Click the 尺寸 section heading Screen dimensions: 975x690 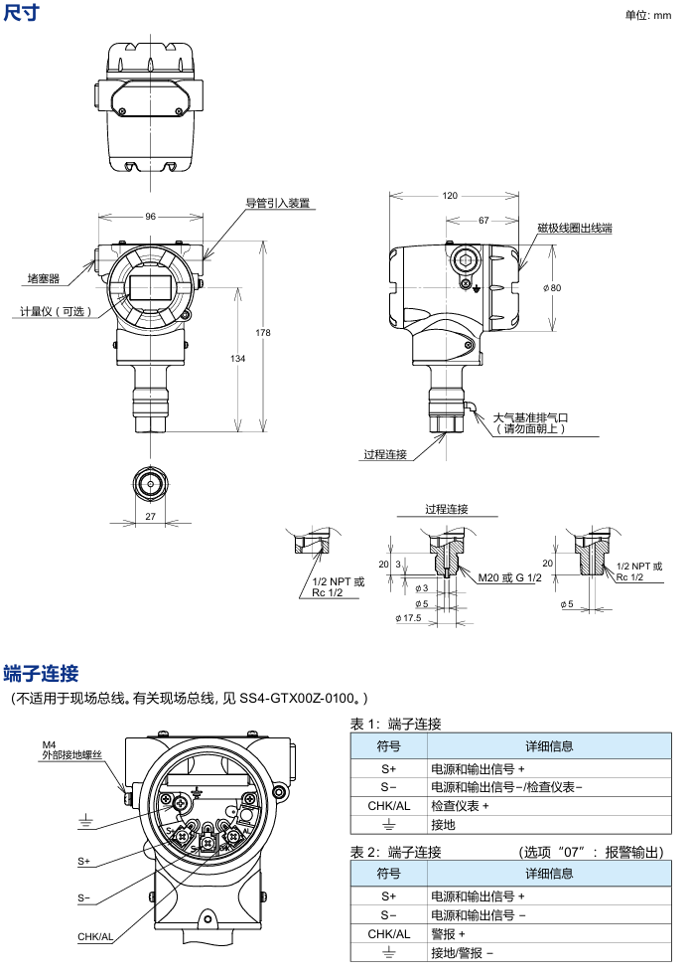click(22, 12)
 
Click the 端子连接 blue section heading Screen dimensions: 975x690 click(41, 673)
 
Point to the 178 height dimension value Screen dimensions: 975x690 click(263, 332)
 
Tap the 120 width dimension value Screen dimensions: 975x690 click(451, 196)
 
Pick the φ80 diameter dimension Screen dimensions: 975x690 click(552, 287)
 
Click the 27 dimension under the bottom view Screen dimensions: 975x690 click(151, 516)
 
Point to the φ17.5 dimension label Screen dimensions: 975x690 click(408, 618)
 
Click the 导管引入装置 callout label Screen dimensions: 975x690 click(278, 203)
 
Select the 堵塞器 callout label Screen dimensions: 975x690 click(44, 279)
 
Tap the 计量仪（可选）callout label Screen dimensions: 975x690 click(56, 311)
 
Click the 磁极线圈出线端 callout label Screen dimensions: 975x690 click(575, 228)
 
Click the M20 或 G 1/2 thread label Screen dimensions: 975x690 click(508, 577)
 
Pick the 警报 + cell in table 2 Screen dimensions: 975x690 click(448, 934)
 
